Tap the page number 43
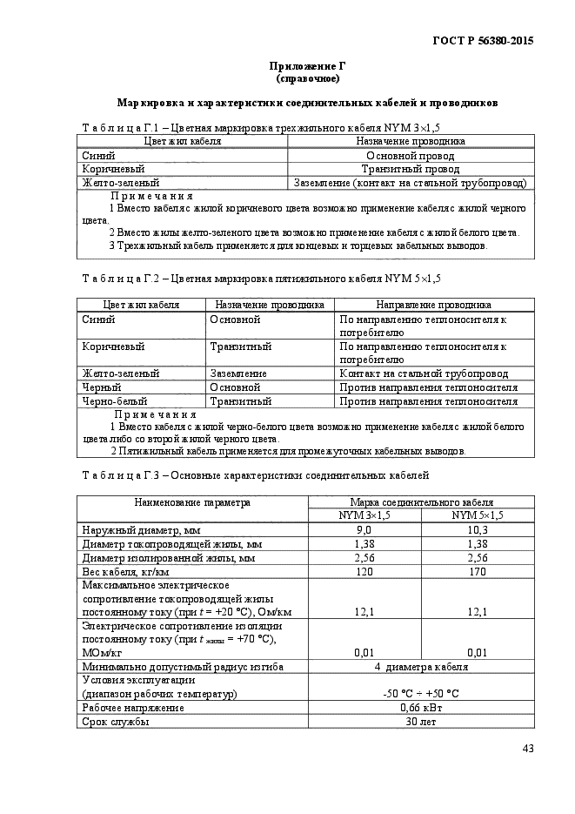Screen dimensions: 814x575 (527, 748)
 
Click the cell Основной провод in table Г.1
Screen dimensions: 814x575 (411, 155)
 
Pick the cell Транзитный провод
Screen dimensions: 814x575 (411, 169)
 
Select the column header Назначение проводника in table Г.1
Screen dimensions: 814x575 (411, 141)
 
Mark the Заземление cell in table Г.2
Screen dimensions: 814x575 (238, 373)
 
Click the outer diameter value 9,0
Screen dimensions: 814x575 (364, 530)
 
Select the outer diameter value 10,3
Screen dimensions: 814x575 (478, 530)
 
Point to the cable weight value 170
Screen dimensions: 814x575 (478, 572)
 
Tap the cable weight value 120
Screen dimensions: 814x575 (364, 572)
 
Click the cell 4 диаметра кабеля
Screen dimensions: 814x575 (421, 667)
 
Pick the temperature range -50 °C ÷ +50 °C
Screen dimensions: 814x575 (421, 694)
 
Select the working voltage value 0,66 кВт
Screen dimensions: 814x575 (421, 708)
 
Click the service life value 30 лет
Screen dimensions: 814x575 (421, 722)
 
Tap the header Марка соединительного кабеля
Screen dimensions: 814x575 (421, 502)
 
